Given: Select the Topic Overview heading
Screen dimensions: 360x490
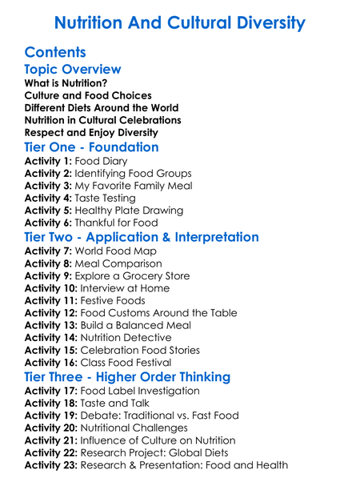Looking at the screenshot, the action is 73,70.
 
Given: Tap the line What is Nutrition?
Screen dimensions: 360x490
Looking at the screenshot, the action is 66,83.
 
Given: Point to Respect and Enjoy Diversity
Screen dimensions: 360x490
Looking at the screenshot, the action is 91,132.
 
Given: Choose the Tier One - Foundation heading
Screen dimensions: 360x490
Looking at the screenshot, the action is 91,147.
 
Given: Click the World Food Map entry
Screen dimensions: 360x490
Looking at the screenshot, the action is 117,251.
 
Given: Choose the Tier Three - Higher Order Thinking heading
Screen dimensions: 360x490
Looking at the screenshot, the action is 127,377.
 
